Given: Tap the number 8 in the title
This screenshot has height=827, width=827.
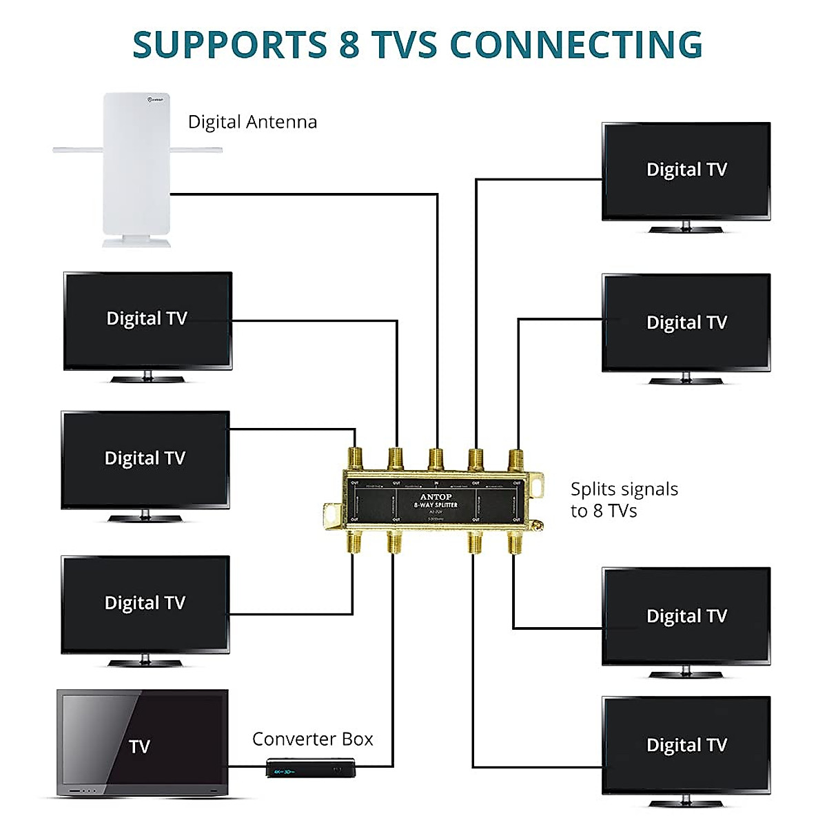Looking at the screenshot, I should [349, 45].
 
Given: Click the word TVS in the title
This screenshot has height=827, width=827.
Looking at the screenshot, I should [405, 45].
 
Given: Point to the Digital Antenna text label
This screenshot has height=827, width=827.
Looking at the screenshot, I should [252, 122].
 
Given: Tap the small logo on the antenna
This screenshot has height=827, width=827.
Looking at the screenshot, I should [155, 100].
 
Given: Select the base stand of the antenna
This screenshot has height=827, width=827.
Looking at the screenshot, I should [136, 241].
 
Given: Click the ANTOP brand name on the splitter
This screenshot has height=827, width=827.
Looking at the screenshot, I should [436, 496].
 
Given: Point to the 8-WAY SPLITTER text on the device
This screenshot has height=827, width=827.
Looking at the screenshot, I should [436, 504].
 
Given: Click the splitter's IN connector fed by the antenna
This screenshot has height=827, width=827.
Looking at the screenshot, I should [436, 458].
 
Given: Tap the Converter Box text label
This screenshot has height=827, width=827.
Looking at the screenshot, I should [312, 739].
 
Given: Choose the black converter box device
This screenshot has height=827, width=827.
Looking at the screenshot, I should [311, 768].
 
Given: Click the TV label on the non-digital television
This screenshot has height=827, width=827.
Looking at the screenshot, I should [139, 746].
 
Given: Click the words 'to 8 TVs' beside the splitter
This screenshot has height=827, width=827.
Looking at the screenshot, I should [604, 511].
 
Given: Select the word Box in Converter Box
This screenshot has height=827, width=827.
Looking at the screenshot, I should [357, 739].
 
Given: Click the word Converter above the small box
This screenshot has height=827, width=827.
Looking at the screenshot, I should [294, 739].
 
